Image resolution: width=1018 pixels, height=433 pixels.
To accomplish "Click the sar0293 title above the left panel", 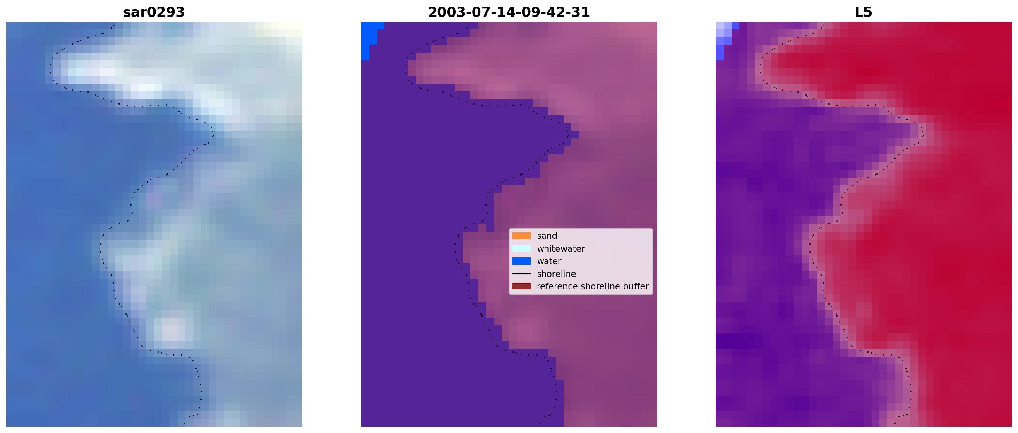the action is (154, 12).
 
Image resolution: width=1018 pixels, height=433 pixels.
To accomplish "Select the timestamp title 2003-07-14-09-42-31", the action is (509, 12).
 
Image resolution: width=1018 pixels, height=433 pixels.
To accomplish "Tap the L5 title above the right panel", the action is (863, 12).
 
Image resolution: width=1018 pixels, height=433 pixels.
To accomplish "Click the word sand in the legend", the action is (547, 236).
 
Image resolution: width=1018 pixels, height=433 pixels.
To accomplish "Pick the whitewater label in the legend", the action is (561, 249).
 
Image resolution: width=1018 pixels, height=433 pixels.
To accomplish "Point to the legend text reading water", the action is (549, 261).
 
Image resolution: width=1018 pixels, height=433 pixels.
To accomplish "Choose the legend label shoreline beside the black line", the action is (556, 274).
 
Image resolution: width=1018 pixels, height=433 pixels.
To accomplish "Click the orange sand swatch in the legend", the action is (521, 236).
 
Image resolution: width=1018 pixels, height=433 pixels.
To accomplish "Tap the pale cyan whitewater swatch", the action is (521, 248).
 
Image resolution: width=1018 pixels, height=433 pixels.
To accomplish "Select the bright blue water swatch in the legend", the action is (521, 261).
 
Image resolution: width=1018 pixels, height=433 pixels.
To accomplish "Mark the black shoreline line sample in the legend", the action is (521, 274).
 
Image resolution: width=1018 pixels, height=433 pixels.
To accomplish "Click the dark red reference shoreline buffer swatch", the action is (521, 286).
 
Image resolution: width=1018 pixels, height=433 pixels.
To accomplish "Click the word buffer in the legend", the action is (636, 286).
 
